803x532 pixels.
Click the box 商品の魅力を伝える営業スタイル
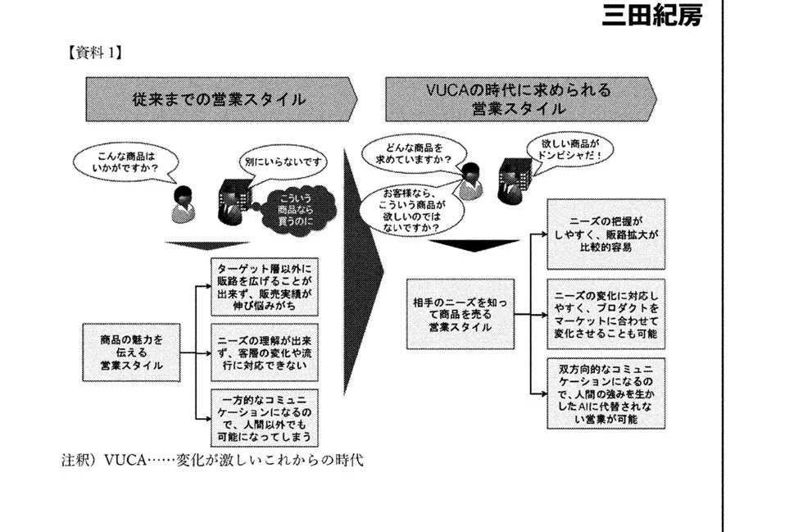[130, 352]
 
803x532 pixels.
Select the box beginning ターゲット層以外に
[263, 286]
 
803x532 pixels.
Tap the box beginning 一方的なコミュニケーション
[263, 416]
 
